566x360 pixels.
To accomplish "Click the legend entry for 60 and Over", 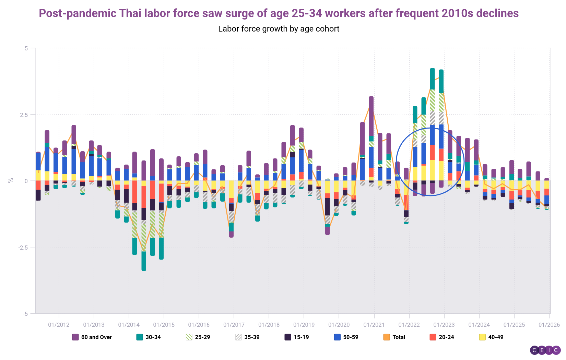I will coord(92,337).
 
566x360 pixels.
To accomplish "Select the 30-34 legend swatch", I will coord(140,337).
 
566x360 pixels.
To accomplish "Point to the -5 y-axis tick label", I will coord(26,313).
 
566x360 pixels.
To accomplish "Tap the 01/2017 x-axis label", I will coord(234,325).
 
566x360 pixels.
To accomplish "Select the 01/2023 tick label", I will coord(444,325).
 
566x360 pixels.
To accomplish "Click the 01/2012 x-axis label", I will coord(59,325).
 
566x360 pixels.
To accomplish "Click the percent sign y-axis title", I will coord(11,180).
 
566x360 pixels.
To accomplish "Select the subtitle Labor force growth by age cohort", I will coord(279,29).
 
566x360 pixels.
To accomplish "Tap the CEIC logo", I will coord(545,350).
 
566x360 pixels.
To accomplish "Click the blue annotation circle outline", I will coord(396,161).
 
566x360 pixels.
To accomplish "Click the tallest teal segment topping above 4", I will coord(432,79).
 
